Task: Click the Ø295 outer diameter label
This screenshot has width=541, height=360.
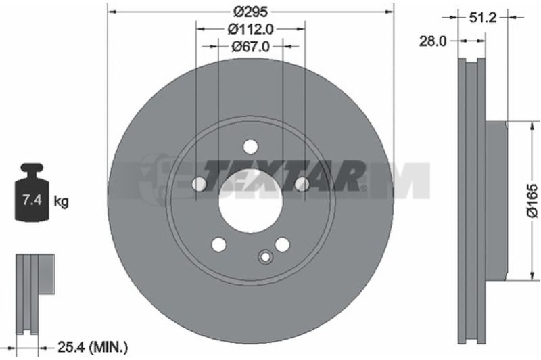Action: point(250,12)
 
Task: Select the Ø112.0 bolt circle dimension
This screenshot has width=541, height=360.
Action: point(250,29)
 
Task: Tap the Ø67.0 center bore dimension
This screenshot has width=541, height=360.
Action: point(250,46)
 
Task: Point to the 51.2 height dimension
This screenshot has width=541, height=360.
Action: point(483,18)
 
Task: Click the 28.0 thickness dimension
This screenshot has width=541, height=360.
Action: point(433,41)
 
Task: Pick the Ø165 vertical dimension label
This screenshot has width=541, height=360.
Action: point(532,201)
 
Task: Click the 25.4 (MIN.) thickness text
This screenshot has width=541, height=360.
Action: point(93,347)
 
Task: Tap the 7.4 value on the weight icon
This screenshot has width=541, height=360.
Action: point(32,200)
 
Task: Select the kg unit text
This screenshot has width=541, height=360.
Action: point(61,201)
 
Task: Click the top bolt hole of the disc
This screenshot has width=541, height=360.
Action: point(250,146)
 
